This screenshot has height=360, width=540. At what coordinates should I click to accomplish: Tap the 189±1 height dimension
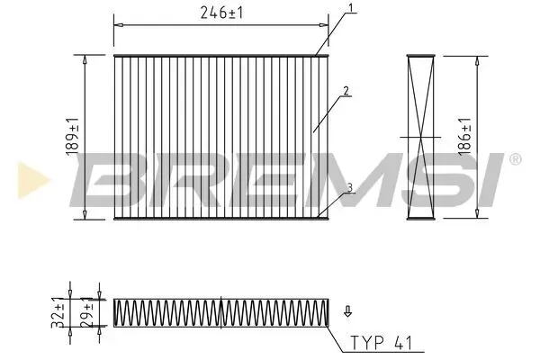coord(71,137)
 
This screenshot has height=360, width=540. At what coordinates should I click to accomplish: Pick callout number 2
coord(345,91)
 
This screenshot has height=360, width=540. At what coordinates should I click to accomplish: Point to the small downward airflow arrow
coord(348,313)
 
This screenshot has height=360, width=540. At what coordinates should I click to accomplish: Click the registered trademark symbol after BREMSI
coord(515,159)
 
